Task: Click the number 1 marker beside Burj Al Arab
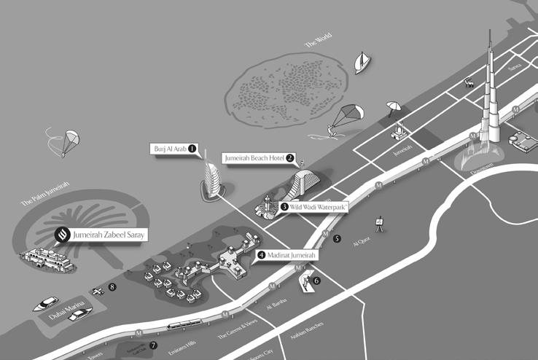pyautogui.click(x=192, y=148)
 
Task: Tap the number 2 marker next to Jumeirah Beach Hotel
pyautogui.click(x=290, y=157)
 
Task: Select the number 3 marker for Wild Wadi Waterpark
pyautogui.click(x=284, y=207)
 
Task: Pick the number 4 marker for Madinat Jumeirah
pyautogui.click(x=261, y=255)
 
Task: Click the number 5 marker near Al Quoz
pyautogui.click(x=337, y=238)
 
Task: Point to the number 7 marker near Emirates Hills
pyautogui.click(x=153, y=345)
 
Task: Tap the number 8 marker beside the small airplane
pyautogui.click(x=112, y=287)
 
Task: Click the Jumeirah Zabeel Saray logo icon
pyautogui.click(x=62, y=235)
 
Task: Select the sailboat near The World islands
pyautogui.click(x=361, y=63)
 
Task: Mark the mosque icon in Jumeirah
pyautogui.click(x=398, y=131)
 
